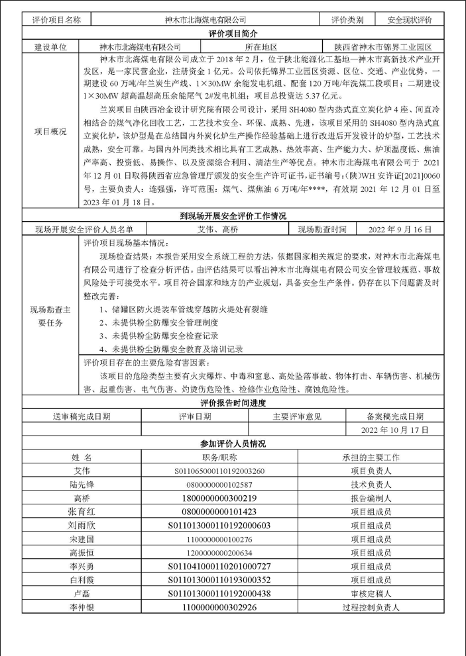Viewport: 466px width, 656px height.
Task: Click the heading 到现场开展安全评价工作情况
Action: pyautogui.click(x=233, y=216)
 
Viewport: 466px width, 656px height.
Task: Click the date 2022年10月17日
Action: pyautogui.click(x=394, y=430)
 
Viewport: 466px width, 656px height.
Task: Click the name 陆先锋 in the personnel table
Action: pyautogui.click(x=82, y=485)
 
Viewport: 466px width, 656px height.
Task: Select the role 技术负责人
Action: pyautogui.click(x=371, y=485)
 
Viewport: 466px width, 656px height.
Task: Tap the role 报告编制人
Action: pyautogui.click(x=371, y=498)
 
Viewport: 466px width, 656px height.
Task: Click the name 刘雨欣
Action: pyautogui.click(x=82, y=526)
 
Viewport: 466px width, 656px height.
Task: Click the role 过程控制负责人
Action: pyautogui.click(x=371, y=607)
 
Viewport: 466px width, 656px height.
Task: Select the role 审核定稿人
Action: pyautogui.click(x=371, y=594)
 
